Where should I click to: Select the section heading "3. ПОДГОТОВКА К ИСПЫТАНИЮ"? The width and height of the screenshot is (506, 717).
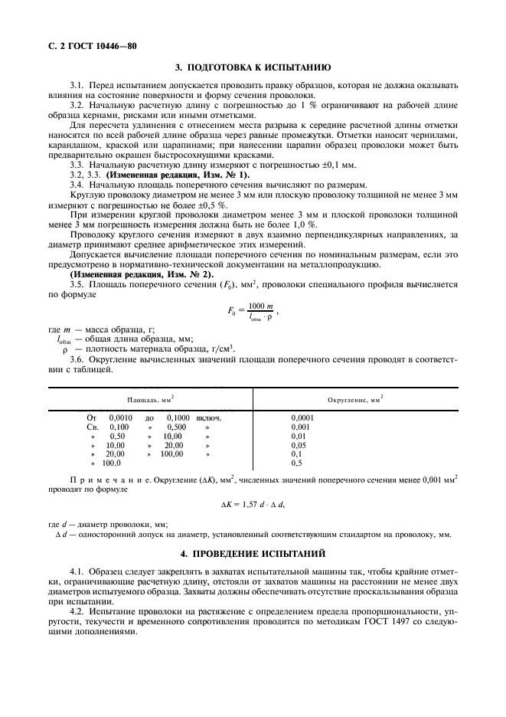pos(253,68)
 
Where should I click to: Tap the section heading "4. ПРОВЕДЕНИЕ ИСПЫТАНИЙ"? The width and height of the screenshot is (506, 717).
pos(253,552)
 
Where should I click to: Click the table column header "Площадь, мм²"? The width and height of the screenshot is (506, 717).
pos(150,399)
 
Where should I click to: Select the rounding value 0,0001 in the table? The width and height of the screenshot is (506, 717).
pos(304,417)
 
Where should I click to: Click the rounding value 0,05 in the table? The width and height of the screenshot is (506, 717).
pos(299,444)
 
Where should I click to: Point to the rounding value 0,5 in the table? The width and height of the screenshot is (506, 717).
pos(297,463)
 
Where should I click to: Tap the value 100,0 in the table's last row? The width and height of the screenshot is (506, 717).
pos(112,463)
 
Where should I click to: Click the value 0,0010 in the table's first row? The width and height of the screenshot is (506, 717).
pos(120,417)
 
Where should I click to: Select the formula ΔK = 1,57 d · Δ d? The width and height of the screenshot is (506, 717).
pos(253,506)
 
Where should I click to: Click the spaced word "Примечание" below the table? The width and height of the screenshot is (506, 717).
pos(100,480)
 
